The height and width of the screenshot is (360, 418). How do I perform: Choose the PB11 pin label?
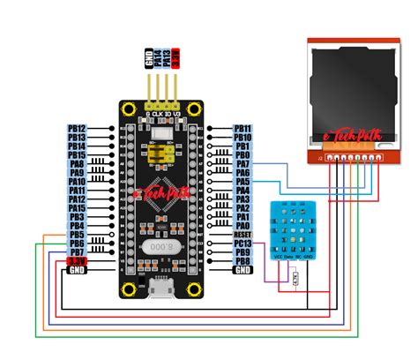(243, 129)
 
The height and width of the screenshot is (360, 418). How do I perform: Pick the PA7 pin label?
(243, 164)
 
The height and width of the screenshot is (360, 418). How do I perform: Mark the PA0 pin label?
(243, 226)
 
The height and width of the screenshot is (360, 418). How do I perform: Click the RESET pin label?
(243, 235)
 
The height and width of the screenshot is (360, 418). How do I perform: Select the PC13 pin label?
(243, 244)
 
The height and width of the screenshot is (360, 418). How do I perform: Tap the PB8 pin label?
(243, 261)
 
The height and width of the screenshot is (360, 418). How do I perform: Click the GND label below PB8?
(243, 270)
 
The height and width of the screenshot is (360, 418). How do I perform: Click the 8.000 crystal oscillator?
(160, 248)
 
